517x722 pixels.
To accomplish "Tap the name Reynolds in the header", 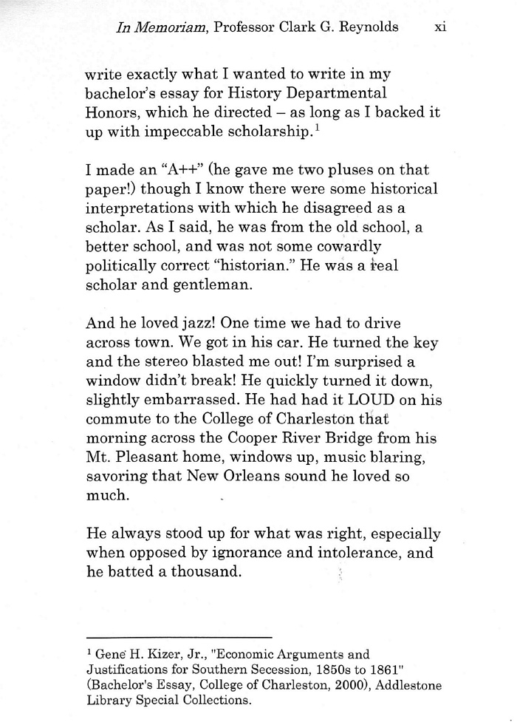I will click(x=363, y=27).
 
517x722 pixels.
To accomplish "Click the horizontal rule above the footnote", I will click(x=179, y=636).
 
